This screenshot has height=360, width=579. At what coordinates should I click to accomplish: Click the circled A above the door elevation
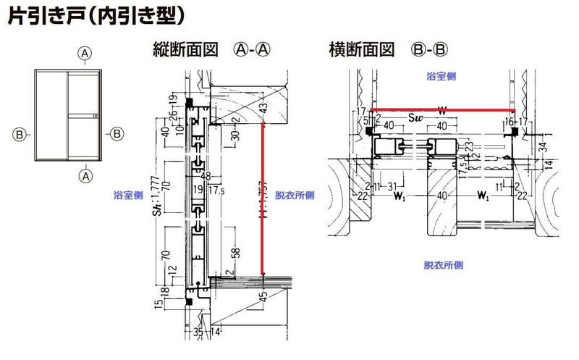(x=85, y=53)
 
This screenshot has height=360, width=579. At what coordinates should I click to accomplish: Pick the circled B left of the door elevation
(x=20, y=133)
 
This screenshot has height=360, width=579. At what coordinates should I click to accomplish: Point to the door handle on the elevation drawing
(x=94, y=117)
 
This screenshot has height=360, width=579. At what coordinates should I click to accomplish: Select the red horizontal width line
(x=441, y=111)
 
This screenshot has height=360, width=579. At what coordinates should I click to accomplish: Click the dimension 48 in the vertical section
(x=206, y=175)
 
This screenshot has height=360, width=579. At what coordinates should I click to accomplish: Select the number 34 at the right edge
(x=544, y=148)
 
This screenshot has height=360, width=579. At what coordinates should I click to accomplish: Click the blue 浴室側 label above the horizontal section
(x=441, y=75)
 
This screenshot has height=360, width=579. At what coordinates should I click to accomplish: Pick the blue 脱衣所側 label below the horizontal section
(x=442, y=266)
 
